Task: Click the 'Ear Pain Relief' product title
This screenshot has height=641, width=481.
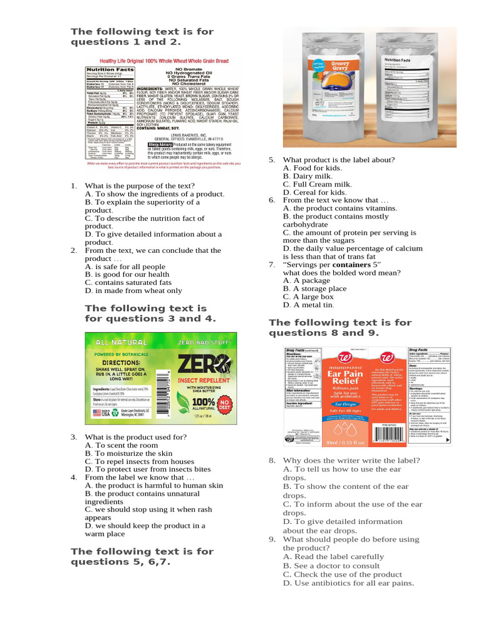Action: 338,376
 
